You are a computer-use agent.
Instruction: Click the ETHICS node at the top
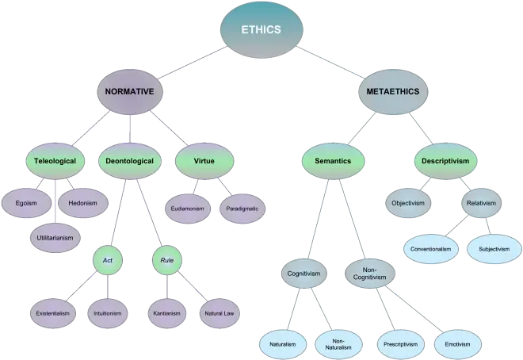pos(261,29)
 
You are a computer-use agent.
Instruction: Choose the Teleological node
pos(55,161)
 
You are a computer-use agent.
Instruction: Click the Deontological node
pos(130,161)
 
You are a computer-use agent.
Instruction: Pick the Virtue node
pos(204,161)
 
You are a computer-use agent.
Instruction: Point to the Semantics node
pos(332,161)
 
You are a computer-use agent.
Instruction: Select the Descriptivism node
pos(446,161)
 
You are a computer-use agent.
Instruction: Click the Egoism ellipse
pos(26,203)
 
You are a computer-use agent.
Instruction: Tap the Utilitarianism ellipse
pos(57,237)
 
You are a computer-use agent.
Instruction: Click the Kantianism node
pos(166,313)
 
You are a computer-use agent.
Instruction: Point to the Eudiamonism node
pos(188,208)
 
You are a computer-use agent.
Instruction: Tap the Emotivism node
pos(457,344)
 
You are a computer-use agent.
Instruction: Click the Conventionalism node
pos(432,248)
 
